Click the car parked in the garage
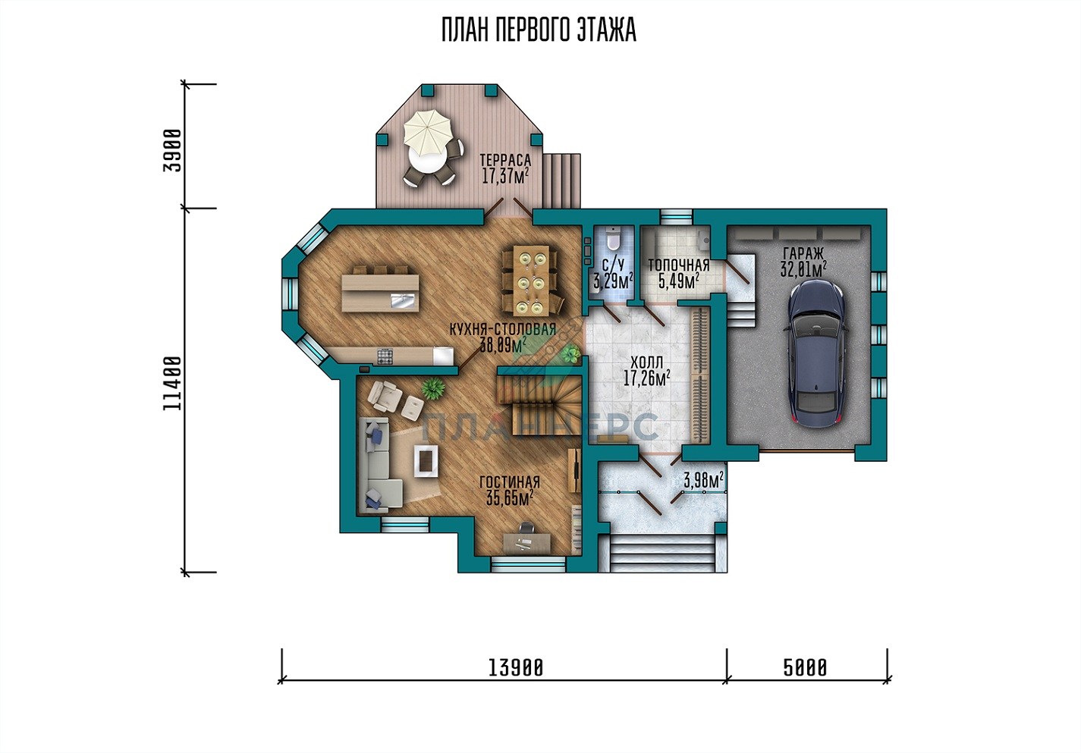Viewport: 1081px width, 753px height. pos(816,353)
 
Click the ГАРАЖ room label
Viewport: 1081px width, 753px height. pos(803,253)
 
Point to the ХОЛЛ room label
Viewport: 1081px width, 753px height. pos(646,362)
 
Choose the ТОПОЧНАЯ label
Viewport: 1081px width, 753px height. pos(678,265)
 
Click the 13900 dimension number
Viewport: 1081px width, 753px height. pos(515,668)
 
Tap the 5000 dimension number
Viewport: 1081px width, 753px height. pos(805,668)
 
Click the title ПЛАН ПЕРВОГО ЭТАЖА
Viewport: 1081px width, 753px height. pos(539,30)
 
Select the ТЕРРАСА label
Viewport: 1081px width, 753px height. pos(505,160)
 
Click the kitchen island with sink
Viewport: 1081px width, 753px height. pos(380,293)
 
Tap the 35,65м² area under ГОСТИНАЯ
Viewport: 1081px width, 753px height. pos(510,497)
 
